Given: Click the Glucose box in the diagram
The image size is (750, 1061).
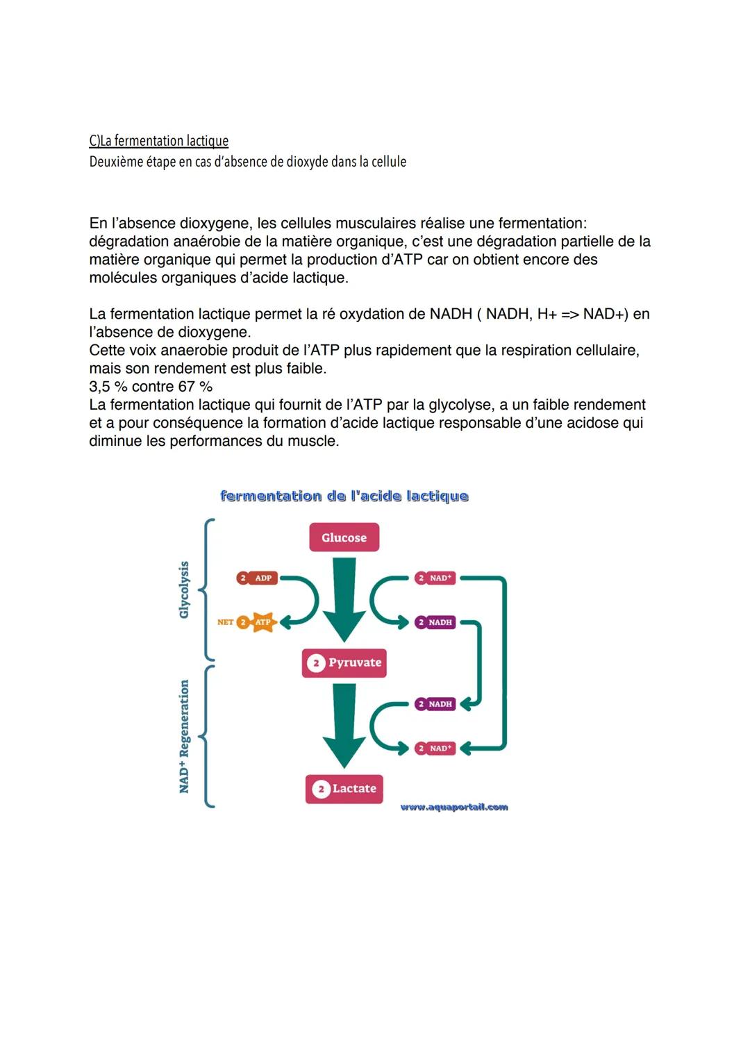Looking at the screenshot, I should tap(344, 537).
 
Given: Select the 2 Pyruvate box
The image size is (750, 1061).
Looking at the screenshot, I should tap(344, 662).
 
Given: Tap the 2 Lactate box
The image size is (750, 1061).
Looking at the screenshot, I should tap(344, 789).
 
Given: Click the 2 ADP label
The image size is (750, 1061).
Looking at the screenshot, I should tap(257, 578).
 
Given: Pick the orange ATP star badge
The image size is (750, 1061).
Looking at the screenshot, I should tap(262, 622).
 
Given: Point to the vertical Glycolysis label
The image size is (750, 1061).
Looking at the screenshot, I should tap(184, 590).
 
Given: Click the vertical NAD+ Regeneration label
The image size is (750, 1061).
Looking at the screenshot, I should tap(184, 736).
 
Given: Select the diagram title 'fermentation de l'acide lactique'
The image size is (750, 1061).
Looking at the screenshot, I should tap(344, 496).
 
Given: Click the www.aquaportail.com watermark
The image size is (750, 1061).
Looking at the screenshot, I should tap(454, 807).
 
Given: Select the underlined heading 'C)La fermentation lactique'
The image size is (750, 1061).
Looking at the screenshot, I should tap(158, 141).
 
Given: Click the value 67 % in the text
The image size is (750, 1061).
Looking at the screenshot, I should tap(196, 387).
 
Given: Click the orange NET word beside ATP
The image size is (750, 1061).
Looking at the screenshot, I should tap(225, 622).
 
